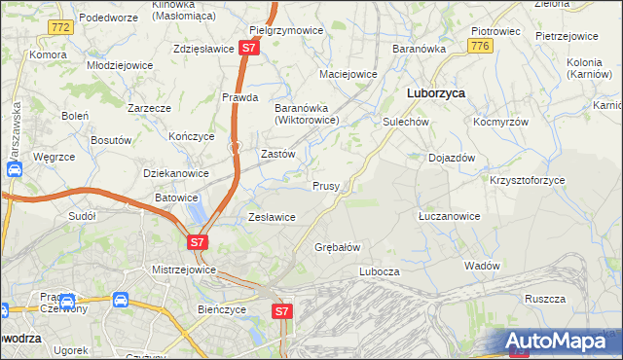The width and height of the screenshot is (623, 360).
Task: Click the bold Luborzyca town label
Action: [434, 92]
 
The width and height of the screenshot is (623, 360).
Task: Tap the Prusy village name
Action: [325, 186]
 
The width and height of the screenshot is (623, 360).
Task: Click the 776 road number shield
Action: [478, 46]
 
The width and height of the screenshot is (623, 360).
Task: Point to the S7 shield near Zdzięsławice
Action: [249, 47]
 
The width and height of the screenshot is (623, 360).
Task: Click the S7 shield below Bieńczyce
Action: [281, 311]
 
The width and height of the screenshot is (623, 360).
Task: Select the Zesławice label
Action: [272, 217]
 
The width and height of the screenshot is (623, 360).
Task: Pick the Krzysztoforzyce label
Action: [527, 181]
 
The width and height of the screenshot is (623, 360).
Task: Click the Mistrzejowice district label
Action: [184, 270]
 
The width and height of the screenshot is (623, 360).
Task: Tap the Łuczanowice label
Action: [448, 216]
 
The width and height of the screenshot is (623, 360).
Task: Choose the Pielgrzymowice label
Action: [286, 30]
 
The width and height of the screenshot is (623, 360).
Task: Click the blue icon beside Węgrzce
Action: [16, 169]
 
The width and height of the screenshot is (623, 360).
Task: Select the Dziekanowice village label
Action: [176, 173]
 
